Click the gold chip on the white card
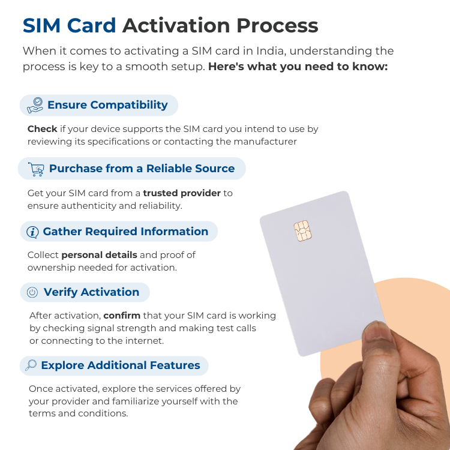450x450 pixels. click(302, 230)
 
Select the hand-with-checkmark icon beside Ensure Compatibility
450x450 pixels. click(35, 105)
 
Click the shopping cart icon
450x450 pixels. click(36, 169)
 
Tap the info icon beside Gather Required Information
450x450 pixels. click(33, 232)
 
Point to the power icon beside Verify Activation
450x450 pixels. click(32, 292)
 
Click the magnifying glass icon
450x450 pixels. click(31, 365)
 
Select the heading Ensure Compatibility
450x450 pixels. click(107, 105)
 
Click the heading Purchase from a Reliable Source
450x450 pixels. click(142, 169)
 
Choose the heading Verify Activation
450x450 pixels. click(91, 292)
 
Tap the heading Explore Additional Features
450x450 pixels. click(120, 365)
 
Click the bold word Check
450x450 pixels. click(42, 129)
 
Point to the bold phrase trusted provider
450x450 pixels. click(182, 193)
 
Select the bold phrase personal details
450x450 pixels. click(99, 255)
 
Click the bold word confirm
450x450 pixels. click(121, 316)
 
